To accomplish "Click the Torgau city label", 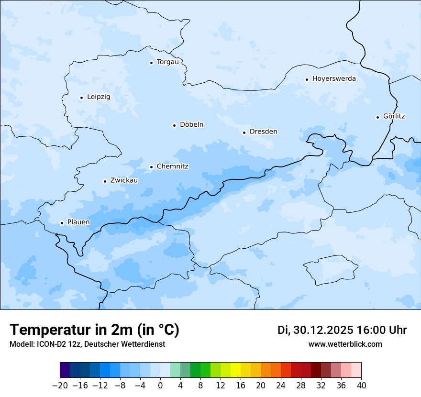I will pos(167,62).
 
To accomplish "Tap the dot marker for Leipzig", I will pos(81,98).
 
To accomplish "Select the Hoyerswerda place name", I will pos(334,79).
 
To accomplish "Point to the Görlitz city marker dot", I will pos(377,117).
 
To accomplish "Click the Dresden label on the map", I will pos(263,132).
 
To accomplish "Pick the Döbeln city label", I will pos(191,125).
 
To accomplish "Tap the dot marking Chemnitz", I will pos(151,167).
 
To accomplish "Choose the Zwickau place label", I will pos(124,180).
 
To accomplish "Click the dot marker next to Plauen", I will pos(62,223).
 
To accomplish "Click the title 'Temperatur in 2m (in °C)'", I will pos(94,330).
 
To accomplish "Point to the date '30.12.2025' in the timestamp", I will pos(322,330).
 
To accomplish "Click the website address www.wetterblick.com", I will pos(345,344).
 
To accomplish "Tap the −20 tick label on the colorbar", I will pos(60,386).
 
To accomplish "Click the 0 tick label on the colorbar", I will pos(160,386).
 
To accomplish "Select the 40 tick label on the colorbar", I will pos(361,386).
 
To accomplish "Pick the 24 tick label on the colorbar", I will pos(281,386).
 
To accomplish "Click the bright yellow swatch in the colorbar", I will pos(235,370).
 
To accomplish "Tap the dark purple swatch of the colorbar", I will pos(65,370).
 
